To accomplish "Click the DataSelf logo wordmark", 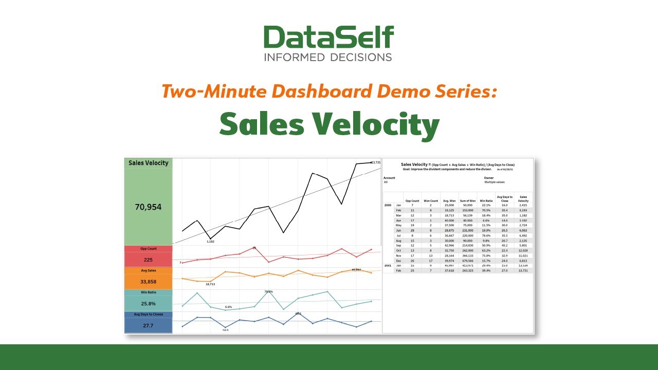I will (329, 37).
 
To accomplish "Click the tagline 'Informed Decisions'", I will (328, 57).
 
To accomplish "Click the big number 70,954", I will (148, 207).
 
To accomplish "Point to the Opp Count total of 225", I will (148, 260).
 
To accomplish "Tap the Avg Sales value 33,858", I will (148, 281).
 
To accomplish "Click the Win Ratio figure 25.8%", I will (148, 303).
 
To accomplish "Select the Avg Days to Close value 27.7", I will (148, 325).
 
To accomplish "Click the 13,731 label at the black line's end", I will (375, 162).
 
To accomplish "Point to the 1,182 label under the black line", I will (210, 241).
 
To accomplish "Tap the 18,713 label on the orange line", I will (210, 284).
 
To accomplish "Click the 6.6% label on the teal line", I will (228, 307).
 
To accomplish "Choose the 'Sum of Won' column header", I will (467, 200).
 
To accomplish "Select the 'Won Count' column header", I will (431, 200).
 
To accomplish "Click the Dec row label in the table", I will (398, 260).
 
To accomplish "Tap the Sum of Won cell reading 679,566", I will (467, 260).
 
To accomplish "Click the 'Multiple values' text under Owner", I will (494, 182).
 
